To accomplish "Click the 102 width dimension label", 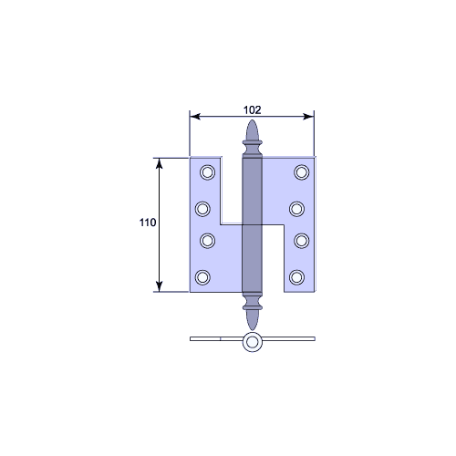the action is [x=252, y=110].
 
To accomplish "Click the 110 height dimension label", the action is [x=148, y=223].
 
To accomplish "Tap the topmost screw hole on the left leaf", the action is [x=208, y=172].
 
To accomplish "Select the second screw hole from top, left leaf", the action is [x=202, y=209].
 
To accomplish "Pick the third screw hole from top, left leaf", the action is [x=208, y=241].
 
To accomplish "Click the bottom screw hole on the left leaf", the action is [x=202, y=277].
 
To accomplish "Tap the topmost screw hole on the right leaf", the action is [x=302, y=172].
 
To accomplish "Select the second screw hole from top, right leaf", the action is [x=296, y=209].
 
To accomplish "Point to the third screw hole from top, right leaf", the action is [x=302, y=241].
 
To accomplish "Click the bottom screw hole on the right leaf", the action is [x=296, y=277].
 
